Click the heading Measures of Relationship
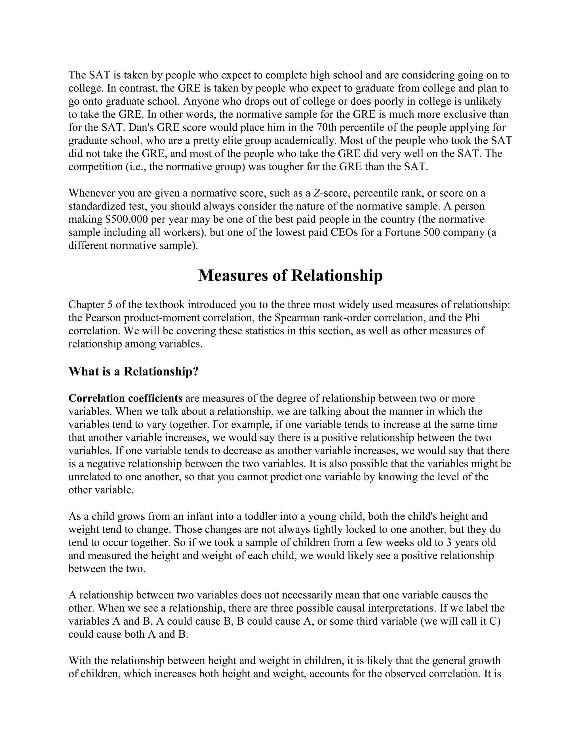tap(290, 276)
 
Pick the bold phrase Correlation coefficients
tap(125, 398)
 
